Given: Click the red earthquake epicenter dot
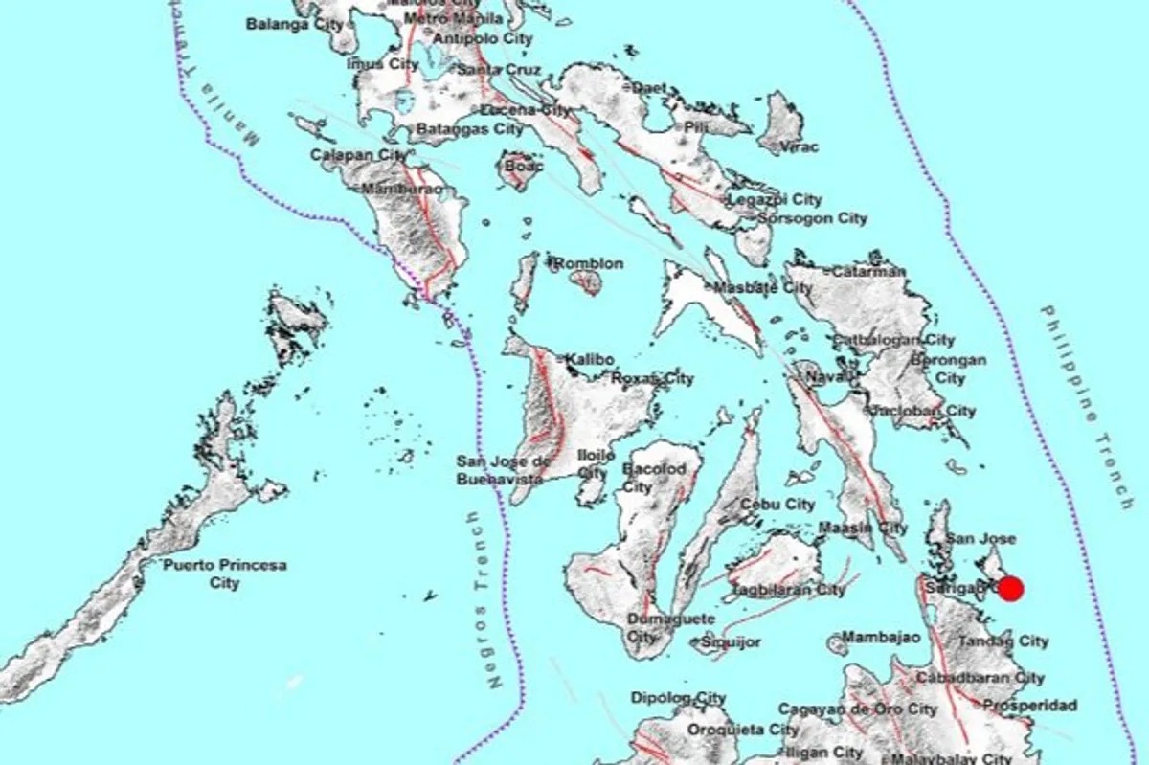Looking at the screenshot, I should (1011, 588).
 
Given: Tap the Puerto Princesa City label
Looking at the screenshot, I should (225, 574).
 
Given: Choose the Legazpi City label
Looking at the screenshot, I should (775, 200).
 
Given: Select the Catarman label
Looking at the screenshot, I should (868, 271).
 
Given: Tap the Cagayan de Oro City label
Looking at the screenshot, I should (857, 709).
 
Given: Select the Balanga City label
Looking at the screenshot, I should (294, 24).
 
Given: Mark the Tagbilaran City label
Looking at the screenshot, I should (787, 590).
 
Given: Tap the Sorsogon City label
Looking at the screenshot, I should (812, 218).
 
